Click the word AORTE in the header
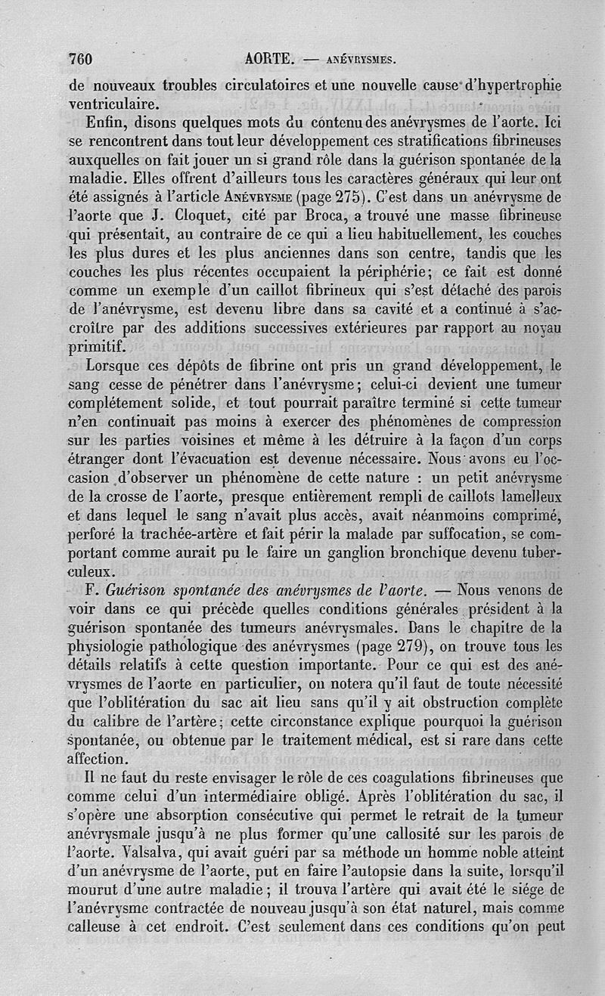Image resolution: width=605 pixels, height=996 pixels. (x=269, y=59)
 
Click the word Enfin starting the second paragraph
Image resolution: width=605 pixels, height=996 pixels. (x=108, y=122)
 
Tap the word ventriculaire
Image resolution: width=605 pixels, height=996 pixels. (x=113, y=104)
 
